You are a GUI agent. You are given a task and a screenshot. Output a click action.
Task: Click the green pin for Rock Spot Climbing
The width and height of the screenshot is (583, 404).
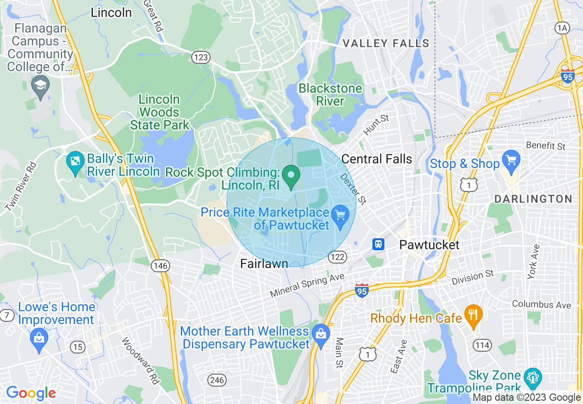point(291,177)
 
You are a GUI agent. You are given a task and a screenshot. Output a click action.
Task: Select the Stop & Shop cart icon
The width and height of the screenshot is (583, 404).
point(511,160)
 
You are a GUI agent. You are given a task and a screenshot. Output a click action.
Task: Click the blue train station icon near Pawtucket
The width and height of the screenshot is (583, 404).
point(378,244)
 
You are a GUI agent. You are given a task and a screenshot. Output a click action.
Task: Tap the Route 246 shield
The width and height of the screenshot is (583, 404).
point(217,380)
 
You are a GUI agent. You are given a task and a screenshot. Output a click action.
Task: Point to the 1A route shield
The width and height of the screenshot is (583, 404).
point(562,28)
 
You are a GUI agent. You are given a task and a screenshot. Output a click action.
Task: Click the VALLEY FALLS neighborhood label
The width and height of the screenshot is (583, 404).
point(386,44)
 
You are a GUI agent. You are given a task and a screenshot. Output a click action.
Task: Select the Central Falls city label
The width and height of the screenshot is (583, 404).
point(377,159)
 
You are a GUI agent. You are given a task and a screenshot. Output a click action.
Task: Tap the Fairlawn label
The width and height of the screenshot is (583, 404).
point(264,263)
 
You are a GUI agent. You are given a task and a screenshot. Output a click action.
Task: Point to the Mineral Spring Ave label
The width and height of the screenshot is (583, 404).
point(307,286)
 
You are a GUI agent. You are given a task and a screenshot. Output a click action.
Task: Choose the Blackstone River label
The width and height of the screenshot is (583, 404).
point(330,95)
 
